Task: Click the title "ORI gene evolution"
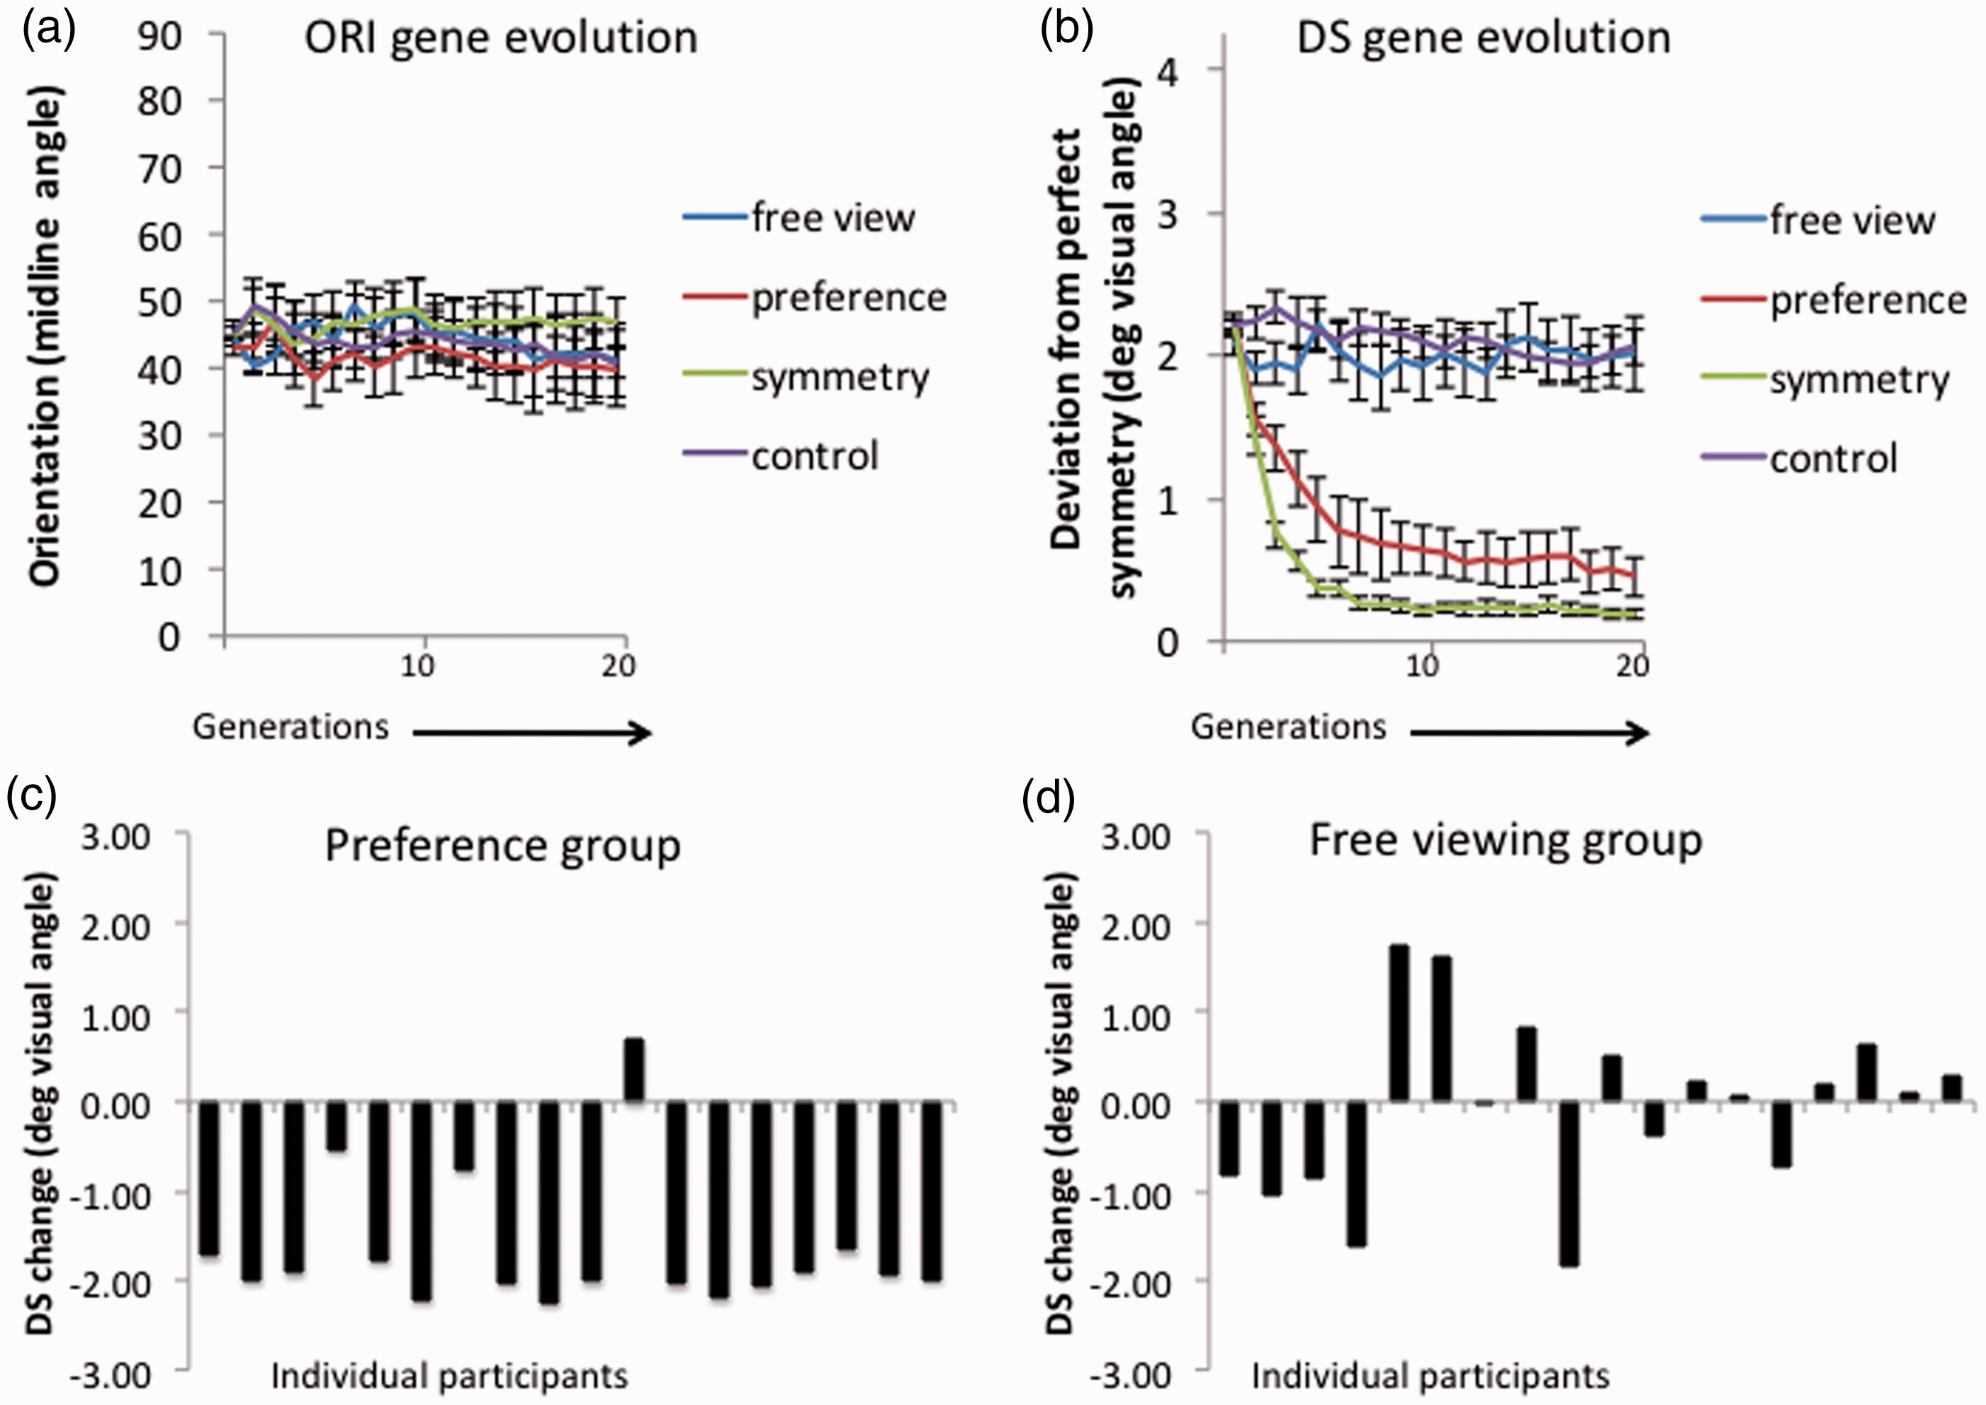[x=501, y=38]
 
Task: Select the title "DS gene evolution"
[x=1484, y=38]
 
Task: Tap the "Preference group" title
[x=502, y=846]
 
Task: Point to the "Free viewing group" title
[x=1506, y=841]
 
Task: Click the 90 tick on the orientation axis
[x=160, y=35]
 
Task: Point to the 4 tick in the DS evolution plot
[x=1167, y=70]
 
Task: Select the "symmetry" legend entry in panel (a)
[x=806, y=377]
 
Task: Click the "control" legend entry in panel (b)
[x=1799, y=458]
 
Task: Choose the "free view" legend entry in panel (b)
[x=1818, y=220]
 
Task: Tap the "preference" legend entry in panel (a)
[x=815, y=298]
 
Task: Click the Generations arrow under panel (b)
[x=1529, y=734]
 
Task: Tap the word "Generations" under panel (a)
[x=290, y=727]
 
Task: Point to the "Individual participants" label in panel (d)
[x=1431, y=1376]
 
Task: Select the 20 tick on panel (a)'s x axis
[x=619, y=666]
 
